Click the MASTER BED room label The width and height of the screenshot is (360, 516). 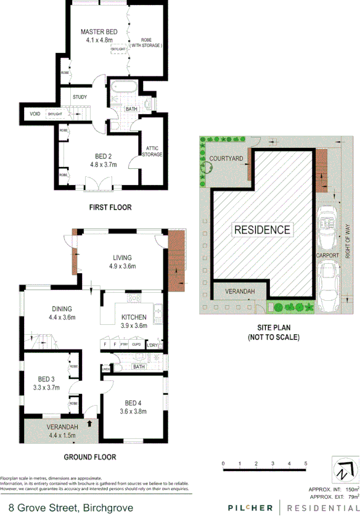pos(99,31)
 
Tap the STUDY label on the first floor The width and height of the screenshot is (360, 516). pos(80,97)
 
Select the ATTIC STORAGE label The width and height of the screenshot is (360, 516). pos(153,151)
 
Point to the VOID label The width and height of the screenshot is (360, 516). pos(35,115)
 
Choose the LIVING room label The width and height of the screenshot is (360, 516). pos(123,258)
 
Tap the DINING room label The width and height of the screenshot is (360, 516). pos(62,309)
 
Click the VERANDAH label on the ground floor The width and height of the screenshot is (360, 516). pos(62,427)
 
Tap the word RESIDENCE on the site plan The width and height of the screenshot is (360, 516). pos(262,230)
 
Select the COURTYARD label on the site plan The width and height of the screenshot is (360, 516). pos(226,158)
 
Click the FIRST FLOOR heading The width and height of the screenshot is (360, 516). pos(110,207)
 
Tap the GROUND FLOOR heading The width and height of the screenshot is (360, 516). pos(90,457)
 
